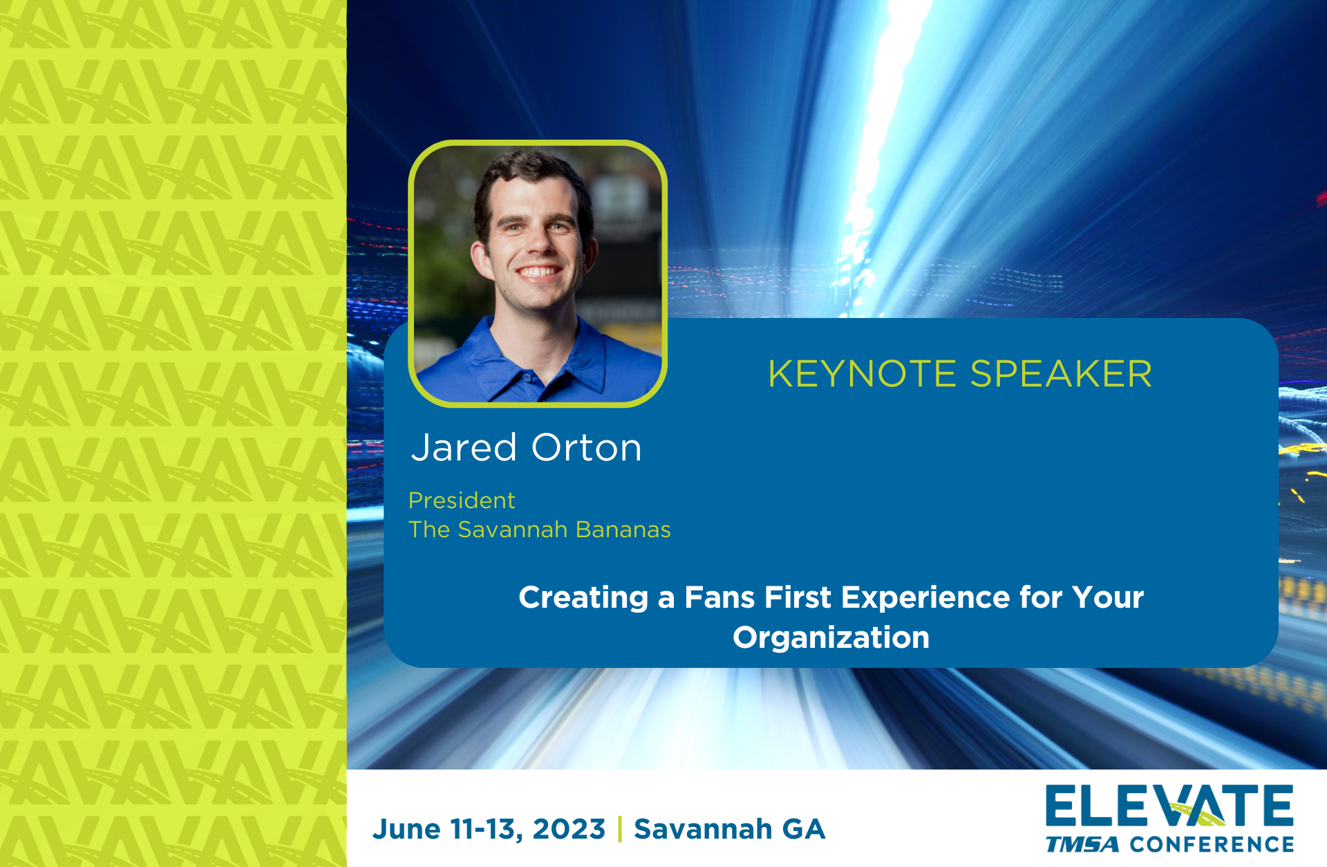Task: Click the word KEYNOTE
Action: tap(862, 374)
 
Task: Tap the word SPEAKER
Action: tap(1061, 374)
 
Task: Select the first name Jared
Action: tap(464, 447)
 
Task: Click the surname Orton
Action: tap(587, 447)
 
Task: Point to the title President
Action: tap(462, 500)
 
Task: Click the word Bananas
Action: tap(623, 530)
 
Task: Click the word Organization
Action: tap(831, 637)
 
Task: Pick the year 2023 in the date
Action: tap(569, 829)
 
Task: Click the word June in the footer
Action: tap(406, 829)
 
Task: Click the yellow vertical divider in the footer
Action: tap(620, 829)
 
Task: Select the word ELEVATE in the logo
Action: tap(1169, 806)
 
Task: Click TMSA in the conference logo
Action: tap(1082, 845)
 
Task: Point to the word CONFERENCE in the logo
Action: tap(1212, 845)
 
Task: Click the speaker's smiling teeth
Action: tap(540, 272)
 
